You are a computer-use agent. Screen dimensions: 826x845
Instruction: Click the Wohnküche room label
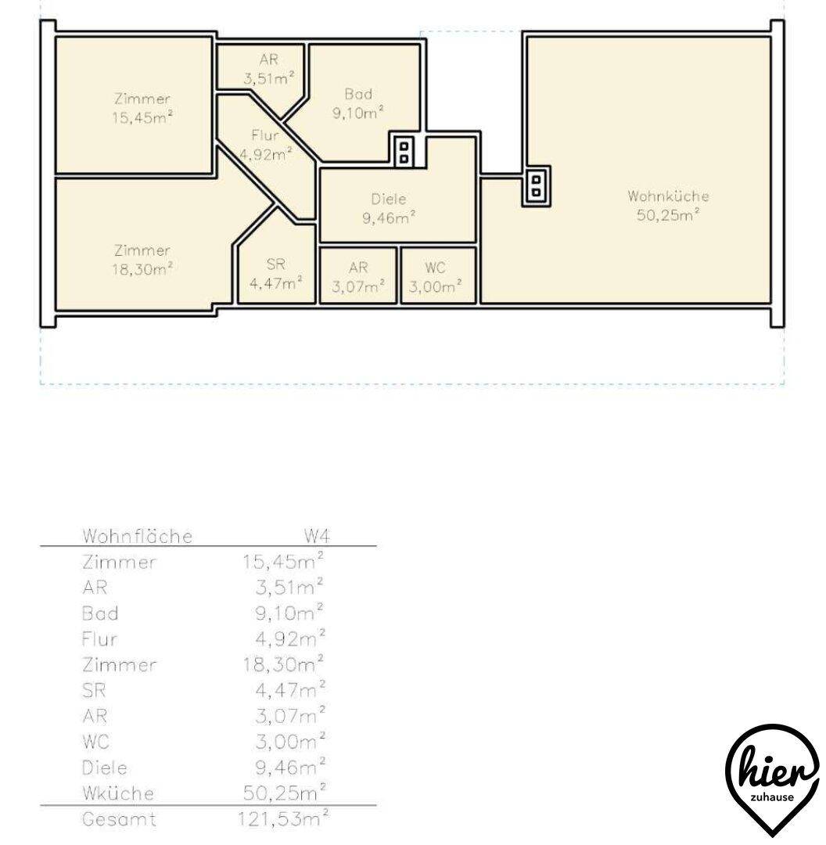coord(668,196)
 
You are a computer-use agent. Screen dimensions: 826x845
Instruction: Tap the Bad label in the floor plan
coord(358,95)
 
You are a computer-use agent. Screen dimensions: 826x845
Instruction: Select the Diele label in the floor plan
coord(389,200)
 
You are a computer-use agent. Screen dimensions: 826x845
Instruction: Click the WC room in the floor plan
coord(439,275)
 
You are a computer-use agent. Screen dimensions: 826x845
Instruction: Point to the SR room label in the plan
coord(275,264)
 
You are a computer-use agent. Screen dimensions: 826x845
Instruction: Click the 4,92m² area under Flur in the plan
coord(266,155)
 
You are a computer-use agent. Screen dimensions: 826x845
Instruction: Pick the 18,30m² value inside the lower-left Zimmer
coord(142,268)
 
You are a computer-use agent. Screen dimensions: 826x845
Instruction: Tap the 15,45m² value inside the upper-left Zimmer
coord(142,117)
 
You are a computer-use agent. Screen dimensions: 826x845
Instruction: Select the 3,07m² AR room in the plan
coord(358,275)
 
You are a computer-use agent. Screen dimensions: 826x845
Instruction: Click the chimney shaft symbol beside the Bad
coord(404,153)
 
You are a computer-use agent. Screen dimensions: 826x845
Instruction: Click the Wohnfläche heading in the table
coord(138,536)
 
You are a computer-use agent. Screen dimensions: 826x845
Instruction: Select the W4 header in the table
coord(317,536)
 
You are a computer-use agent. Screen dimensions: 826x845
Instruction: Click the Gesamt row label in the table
coord(119,820)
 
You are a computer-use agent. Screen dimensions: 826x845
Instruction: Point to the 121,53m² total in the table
coord(283,818)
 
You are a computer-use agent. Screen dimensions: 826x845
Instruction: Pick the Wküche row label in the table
coord(118,793)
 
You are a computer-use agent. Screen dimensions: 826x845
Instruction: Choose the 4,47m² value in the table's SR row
coord(290,690)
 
